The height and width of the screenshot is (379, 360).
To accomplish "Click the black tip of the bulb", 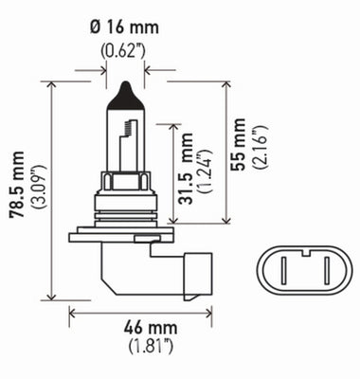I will coord(126,95).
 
